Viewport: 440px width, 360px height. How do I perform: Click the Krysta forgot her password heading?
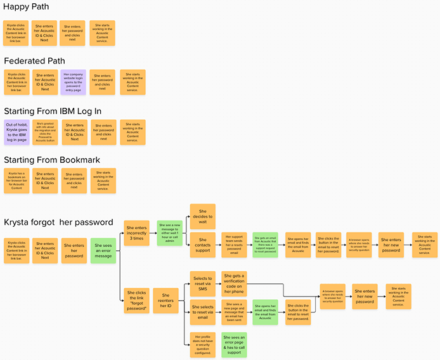click(58, 222)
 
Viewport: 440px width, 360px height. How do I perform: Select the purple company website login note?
click(73, 82)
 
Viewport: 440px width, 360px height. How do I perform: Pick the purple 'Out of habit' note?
click(16, 132)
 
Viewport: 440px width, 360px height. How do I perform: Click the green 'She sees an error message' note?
click(103, 251)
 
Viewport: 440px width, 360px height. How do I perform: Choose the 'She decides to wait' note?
click(202, 216)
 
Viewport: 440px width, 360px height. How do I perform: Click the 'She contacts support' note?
click(202, 245)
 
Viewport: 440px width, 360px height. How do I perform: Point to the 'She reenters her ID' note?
click(165, 300)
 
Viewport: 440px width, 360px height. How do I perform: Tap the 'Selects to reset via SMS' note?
click(202, 283)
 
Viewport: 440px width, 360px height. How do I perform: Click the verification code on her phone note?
click(234, 283)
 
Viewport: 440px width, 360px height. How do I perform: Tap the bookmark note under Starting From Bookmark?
click(16, 181)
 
